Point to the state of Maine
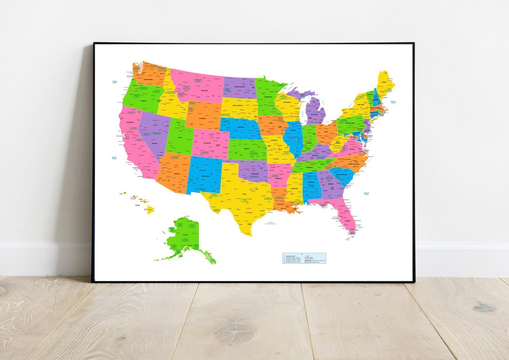click(386, 85)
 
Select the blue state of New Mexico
click(204, 174)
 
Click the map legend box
click(304, 258)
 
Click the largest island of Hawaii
click(150, 210)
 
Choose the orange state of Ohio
click(327, 132)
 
